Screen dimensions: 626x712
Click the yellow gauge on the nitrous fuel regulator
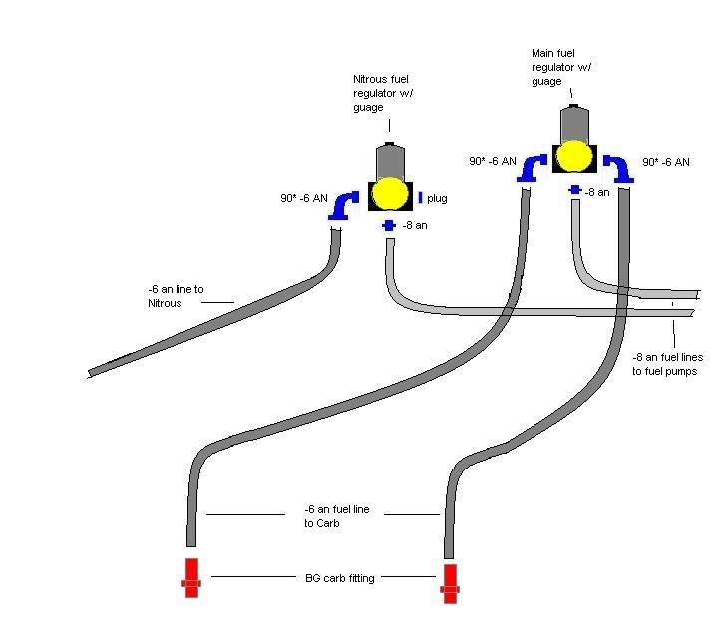(389, 194)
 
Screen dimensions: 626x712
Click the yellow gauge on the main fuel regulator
(573, 156)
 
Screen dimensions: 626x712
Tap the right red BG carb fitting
(450, 583)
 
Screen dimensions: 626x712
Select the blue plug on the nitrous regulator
(420, 197)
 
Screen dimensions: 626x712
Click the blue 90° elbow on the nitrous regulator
(345, 205)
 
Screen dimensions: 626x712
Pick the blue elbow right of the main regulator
(620, 168)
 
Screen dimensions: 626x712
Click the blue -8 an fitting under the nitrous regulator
(389, 226)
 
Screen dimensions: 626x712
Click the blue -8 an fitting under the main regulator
(575, 189)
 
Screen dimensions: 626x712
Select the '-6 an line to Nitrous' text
(176, 296)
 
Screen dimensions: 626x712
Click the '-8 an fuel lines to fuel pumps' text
(664, 363)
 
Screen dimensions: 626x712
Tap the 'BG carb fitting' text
(339, 577)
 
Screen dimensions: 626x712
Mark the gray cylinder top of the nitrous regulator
(389, 161)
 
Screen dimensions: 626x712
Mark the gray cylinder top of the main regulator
(573, 122)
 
